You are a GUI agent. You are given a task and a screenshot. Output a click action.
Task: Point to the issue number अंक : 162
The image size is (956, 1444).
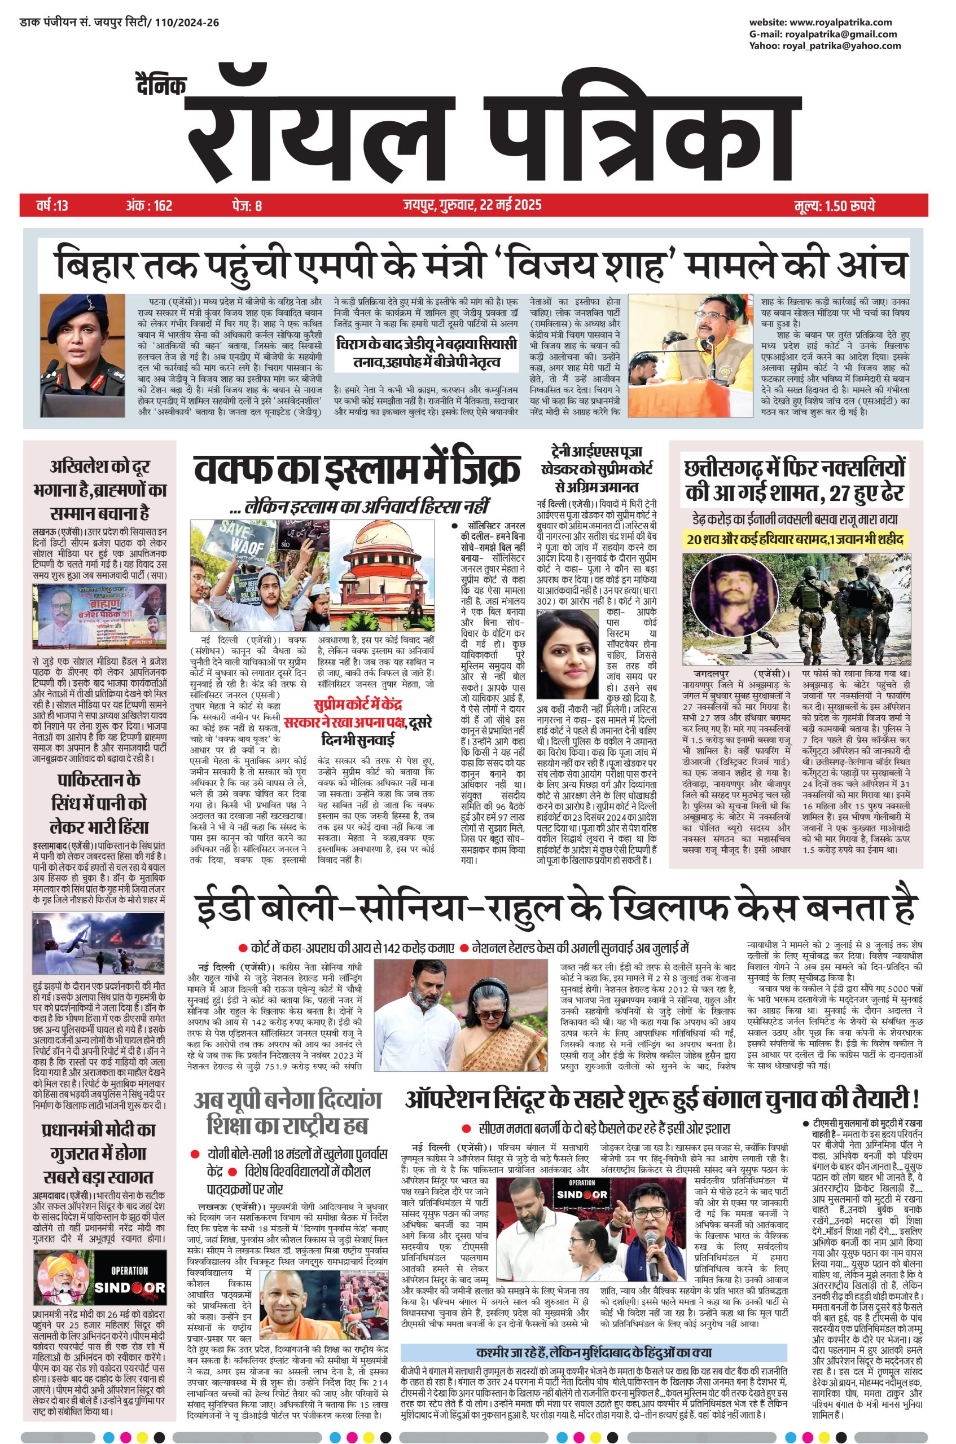tap(150, 205)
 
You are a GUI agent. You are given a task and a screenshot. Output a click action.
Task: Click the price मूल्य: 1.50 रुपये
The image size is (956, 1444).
tap(835, 205)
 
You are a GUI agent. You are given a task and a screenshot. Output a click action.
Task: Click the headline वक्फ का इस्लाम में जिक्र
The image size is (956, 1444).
tap(358, 470)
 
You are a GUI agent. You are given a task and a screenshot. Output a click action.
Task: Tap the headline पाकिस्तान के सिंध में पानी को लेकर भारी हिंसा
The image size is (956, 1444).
tap(98, 804)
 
